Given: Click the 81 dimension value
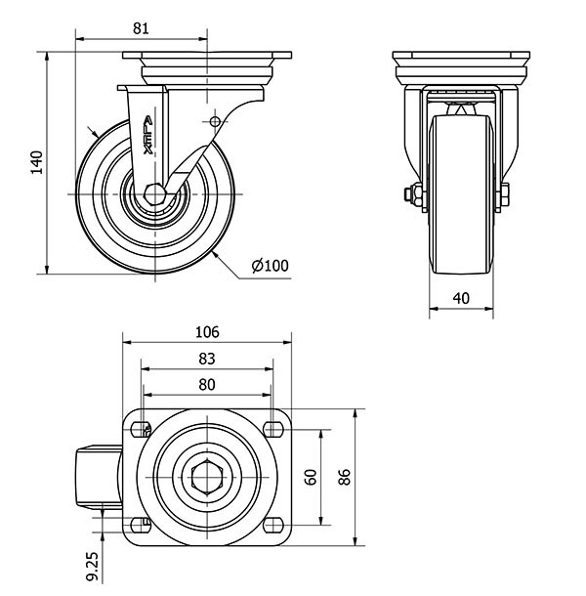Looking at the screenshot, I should (141, 29).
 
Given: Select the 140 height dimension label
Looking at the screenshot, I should (37, 162).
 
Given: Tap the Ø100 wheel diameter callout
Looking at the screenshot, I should (270, 265).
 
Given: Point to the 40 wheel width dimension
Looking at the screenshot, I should (461, 298).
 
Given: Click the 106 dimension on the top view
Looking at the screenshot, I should (207, 331).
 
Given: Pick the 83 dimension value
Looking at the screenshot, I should (207, 359).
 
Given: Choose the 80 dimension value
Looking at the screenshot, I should (207, 384).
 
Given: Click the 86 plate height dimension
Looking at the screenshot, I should (344, 476).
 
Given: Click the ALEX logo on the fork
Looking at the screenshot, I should (147, 133).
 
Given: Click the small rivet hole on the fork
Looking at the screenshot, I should (215, 121).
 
